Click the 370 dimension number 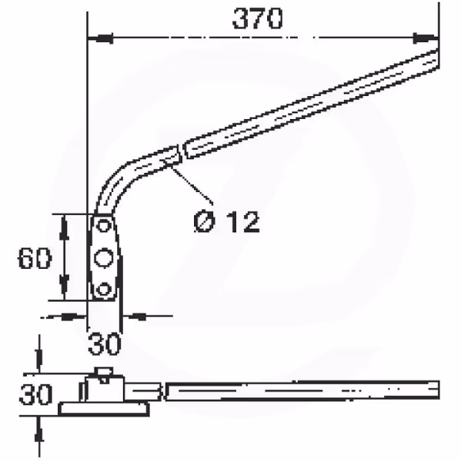coord(258,18)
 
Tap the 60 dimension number coord(35,258)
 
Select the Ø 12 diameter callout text coord(226,222)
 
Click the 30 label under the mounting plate coord(105,343)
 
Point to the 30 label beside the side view coord(35,394)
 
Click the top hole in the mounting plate coord(103,226)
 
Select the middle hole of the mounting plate coord(103,258)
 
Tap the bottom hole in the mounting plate coord(103,290)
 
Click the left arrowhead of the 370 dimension coord(100,38)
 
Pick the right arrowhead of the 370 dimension coord(426,38)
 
